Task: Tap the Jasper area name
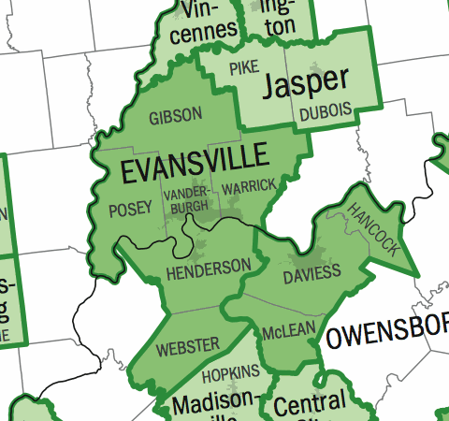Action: (x=306, y=83)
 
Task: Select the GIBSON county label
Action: (x=175, y=116)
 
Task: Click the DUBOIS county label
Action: (x=326, y=111)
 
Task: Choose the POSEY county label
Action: (x=130, y=208)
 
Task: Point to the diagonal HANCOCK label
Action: (x=373, y=227)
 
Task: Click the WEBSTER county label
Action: (x=188, y=345)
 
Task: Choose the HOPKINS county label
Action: (x=230, y=373)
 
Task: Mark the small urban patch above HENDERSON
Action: (x=198, y=248)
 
